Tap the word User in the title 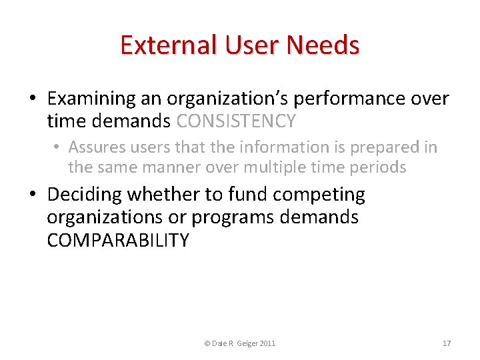[244, 45]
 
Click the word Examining [91, 99]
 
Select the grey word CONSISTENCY [236, 121]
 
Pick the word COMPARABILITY [118, 240]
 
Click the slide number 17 [447, 343]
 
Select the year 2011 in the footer [266, 343]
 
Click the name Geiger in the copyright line [243, 343]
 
